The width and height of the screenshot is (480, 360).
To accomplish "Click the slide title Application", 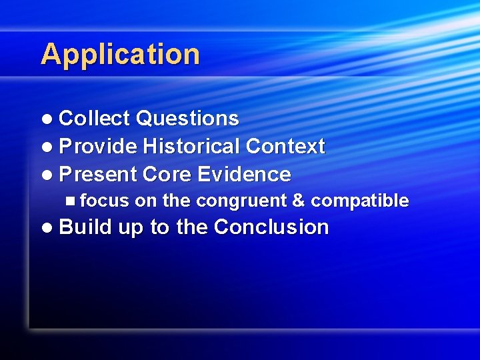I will click(120, 55).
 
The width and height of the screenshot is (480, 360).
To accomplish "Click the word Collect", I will click(95, 119).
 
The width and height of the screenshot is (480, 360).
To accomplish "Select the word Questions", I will click(187, 119).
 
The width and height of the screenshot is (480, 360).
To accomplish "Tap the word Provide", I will click(98, 147).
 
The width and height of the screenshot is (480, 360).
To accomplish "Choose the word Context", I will click(285, 147).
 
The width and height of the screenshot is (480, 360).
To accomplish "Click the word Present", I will click(98, 175).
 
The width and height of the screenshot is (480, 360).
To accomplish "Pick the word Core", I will click(167, 175).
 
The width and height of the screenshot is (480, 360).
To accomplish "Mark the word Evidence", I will click(243, 175).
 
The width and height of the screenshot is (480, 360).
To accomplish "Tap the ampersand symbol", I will click(299, 201).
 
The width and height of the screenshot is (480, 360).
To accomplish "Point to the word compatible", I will click(360, 201).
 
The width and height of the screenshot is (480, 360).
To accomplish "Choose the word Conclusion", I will click(271, 227).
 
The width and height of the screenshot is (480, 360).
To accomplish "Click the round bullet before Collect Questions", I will click(46, 119).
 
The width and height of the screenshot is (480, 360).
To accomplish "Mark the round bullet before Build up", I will click(46, 228).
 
